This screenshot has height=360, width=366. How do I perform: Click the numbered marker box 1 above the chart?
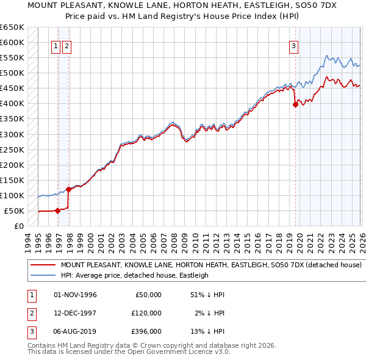(56, 45)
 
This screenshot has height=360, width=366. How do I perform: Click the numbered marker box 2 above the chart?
(66, 45)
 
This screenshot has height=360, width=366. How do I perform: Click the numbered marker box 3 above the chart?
(293, 45)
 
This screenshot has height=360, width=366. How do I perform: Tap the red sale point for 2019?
(295, 104)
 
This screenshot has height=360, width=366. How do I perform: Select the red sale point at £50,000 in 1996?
(57, 211)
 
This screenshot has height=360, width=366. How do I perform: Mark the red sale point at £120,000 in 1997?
(68, 189)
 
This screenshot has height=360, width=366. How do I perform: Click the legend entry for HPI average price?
(135, 275)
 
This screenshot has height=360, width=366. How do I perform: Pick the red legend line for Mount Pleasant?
(43, 265)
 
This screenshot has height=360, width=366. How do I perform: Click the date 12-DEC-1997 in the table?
(76, 313)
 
